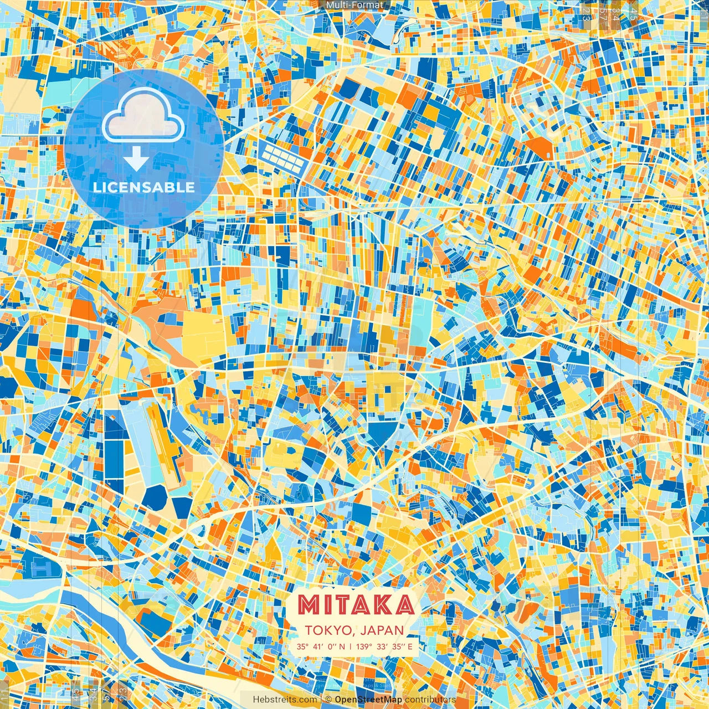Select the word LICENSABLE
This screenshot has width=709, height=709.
point(144,187)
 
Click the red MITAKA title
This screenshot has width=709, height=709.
point(355,604)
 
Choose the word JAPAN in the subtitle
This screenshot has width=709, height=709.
point(382,630)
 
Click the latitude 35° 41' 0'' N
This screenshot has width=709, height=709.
point(320,646)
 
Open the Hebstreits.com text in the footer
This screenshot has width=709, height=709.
point(285,700)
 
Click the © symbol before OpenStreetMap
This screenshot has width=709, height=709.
point(328,700)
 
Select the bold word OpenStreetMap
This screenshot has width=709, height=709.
point(368,700)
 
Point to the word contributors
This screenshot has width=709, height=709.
point(430,700)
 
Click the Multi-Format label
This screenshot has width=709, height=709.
point(354,5)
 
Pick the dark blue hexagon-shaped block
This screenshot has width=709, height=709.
point(156,496)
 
